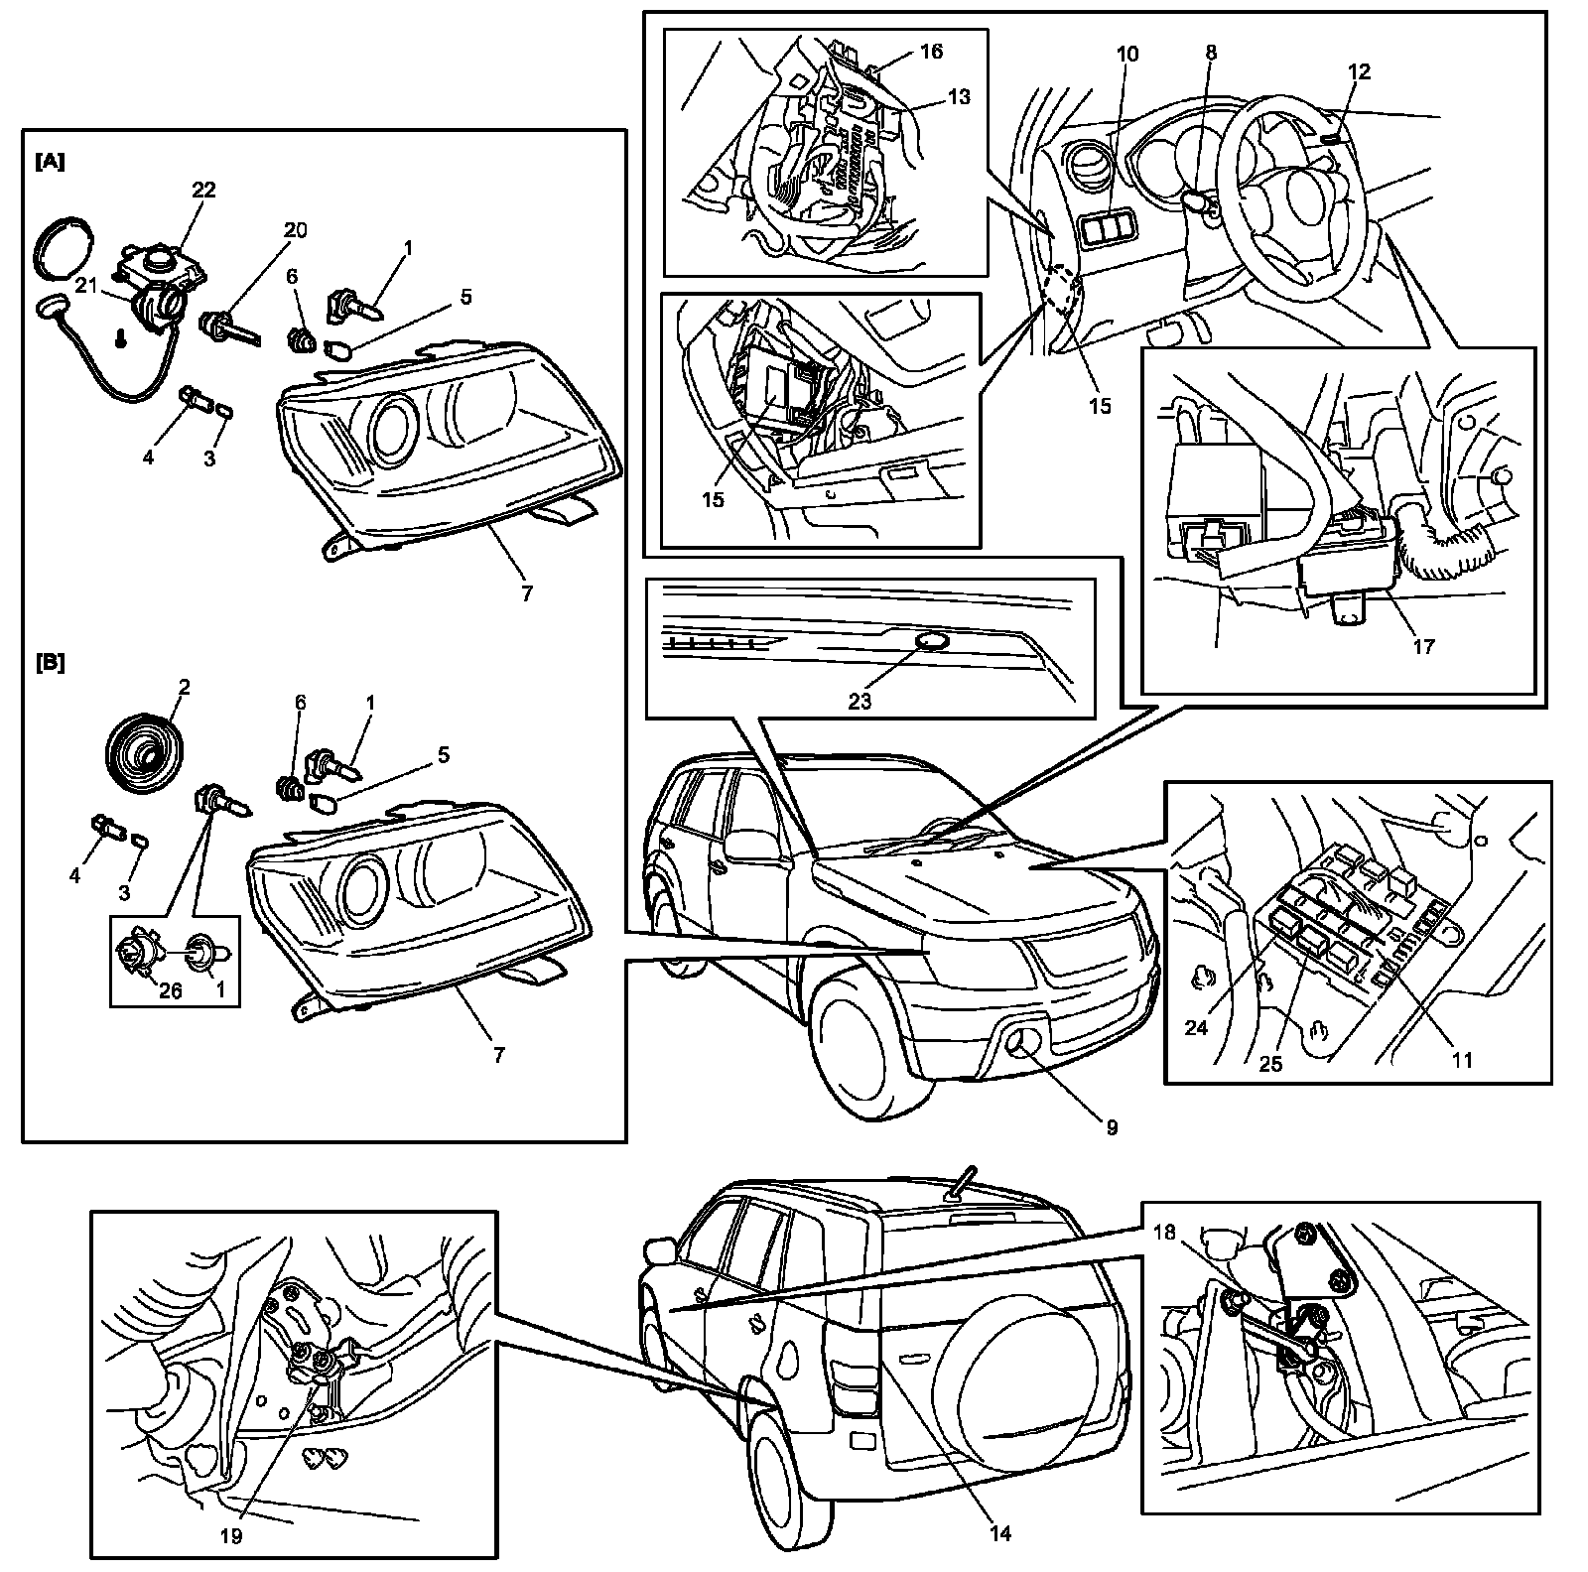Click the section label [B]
50,663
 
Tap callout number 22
203,190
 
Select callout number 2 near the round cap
184,685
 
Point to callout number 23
860,701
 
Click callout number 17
1423,646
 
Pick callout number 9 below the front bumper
1112,1127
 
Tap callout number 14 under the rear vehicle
1000,1533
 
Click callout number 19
232,1536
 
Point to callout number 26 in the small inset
171,990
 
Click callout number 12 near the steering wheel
1359,71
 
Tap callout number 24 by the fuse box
1196,1027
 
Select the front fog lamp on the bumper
1017,1042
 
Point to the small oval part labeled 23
930,642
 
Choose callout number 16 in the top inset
930,51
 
